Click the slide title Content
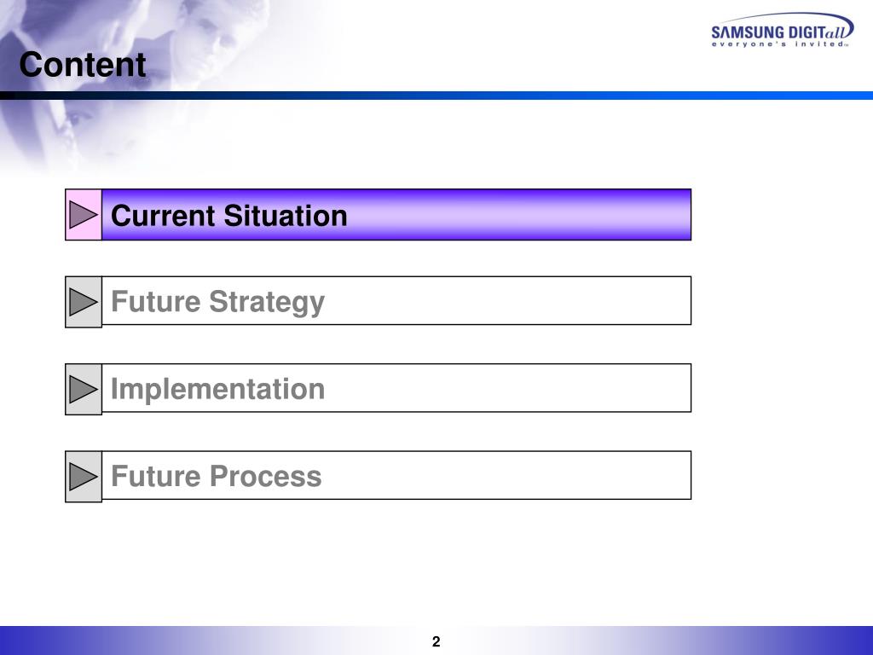pyautogui.click(x=83, y=66)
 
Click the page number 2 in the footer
pyautogui.click(x=436, y=642)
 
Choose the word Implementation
pyautogui.click(x=217, y=389)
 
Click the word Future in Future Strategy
pyautogui.click(x=156, y=302)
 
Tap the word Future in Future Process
pyautogui.click(x=156, y=476)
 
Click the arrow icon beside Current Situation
pyautogui.click(x=84, y=215)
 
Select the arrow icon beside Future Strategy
pyautogui.click(x=84, y=302)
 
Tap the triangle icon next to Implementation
pyautogui.click(x=84, y=389)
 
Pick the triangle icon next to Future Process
pyautogui.click(x=84, y=476)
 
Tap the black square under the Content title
pyautogui.click(x=7, y=96)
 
